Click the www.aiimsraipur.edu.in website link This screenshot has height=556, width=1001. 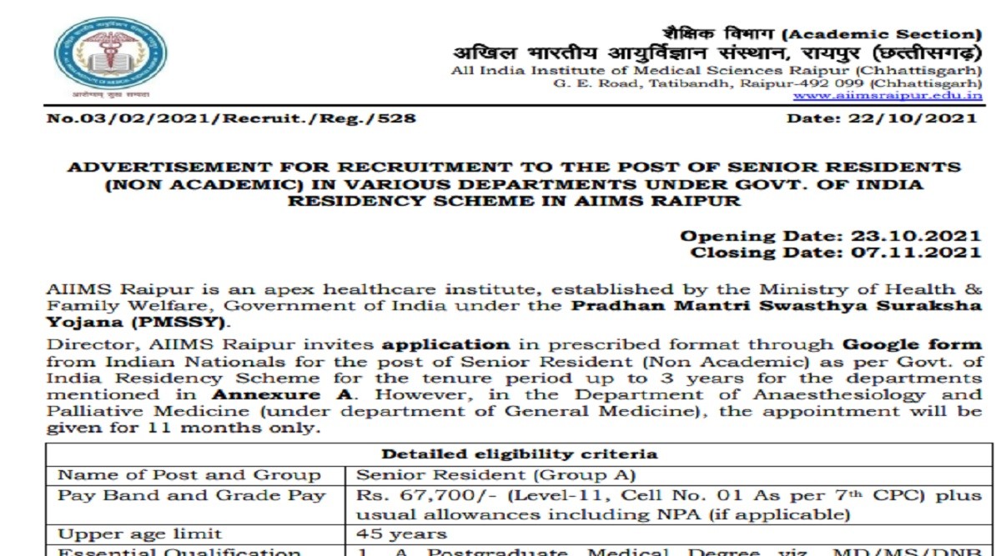887,96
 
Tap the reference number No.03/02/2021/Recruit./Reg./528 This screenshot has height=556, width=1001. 232,118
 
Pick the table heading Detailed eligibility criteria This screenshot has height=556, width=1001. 519,454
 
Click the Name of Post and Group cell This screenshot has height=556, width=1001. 189,476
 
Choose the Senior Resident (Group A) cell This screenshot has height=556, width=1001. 496,476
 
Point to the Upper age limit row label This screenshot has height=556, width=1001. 140,533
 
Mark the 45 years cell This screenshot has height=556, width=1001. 402,533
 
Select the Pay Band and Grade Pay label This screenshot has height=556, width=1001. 191,495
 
